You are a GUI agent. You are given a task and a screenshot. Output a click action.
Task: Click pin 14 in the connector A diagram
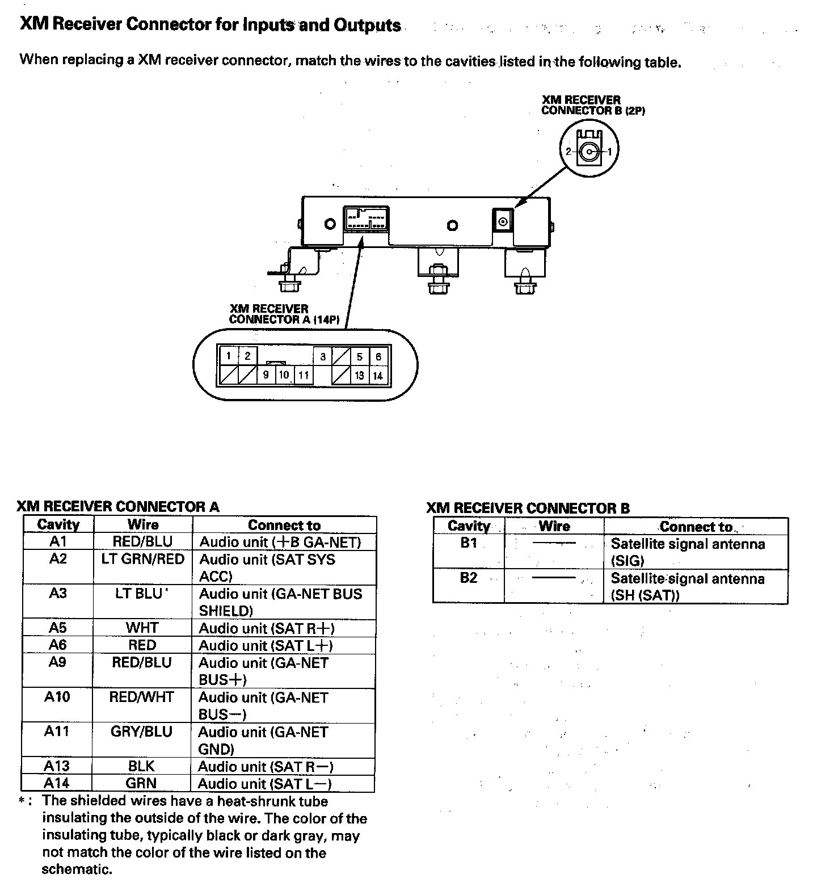pyautogui.click(x=378, y=375)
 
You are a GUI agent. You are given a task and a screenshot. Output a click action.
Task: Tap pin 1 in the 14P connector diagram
pyautogui.click(x=229, y=356)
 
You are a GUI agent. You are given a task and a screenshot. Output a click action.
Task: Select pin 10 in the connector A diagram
pyautogui.click(x=284, y=375)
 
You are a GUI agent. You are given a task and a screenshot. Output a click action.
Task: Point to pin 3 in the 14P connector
pyautogui.click(x=323, y=356)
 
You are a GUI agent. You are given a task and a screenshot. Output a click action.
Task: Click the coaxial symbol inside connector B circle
pyautogui.click(x=589, y=152)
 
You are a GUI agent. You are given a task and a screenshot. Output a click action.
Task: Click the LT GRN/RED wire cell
pyautogui.click(x=143, y=560)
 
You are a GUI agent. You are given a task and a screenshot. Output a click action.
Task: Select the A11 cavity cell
pyautogui.click(x=57, y=732)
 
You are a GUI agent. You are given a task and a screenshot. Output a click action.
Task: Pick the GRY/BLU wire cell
pyautogui.click(x=141, y=732)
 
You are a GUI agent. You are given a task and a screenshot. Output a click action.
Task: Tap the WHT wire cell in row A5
pyautogui.click(x=142, y=628)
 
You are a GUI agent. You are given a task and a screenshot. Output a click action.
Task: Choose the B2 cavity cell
pyautogui.click(x=469, y=578)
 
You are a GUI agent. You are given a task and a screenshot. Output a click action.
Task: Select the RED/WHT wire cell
pyautogui.click(x=141, y=697)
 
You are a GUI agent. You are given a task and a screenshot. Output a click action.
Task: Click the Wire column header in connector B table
pyautogui.click(x=554, y=526)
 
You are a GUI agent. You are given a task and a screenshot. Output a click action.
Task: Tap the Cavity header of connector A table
pyautogui.click(x=58, y=524)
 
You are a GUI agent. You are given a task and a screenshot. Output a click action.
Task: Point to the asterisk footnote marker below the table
pyautogui.click(x=22, y=801)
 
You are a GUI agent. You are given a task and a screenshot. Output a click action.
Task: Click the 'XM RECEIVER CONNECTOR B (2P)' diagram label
pyautogui.click(x=592, y=105)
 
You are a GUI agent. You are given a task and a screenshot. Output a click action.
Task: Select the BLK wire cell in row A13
pyautogui.click(x=141, y=766)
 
